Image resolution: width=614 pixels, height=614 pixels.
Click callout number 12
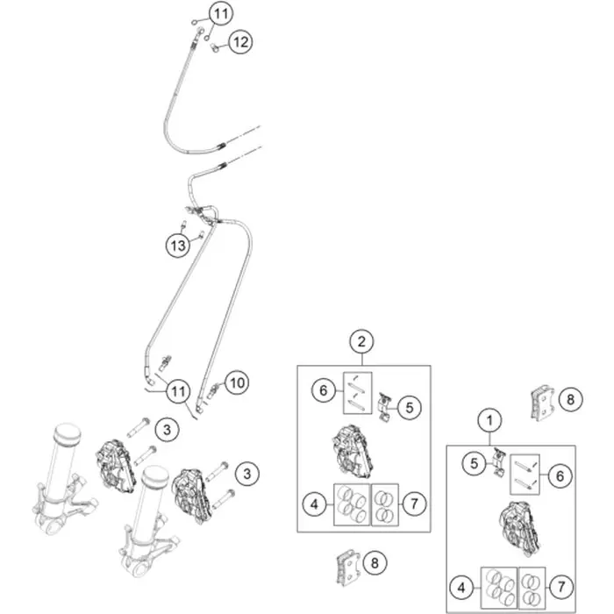point(240,42)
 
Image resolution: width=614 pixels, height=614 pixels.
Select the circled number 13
point(178,246)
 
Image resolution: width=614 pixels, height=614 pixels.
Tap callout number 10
point(237,382)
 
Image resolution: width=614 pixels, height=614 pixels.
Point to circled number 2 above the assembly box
point(361,341)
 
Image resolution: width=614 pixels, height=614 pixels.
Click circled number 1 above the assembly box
point(489,420)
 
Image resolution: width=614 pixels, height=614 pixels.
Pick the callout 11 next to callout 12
point(221,14)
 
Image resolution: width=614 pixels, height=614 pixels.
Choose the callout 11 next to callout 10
point(178,391)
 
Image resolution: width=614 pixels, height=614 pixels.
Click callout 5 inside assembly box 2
point(410,408)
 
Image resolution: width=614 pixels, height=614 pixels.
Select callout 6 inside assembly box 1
point(560,476)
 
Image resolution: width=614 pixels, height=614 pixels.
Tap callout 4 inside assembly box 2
point(314,504)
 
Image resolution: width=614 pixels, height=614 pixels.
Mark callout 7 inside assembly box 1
point(561,587)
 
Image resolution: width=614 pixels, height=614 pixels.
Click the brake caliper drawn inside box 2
point(353,452)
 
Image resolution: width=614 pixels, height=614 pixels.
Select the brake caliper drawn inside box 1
point(519,529)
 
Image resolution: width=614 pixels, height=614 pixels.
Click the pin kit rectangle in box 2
point(358,393)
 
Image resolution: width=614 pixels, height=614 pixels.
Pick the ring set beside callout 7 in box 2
point(384,504)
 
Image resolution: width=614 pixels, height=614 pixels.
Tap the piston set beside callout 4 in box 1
point(499,588)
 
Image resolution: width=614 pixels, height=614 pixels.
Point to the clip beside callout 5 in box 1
point(499,462)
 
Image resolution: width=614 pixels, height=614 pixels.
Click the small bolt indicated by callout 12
point(214,48)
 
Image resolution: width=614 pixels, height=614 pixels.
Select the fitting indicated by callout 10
point(212,391)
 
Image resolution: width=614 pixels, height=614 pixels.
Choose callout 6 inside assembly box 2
point(324,390)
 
